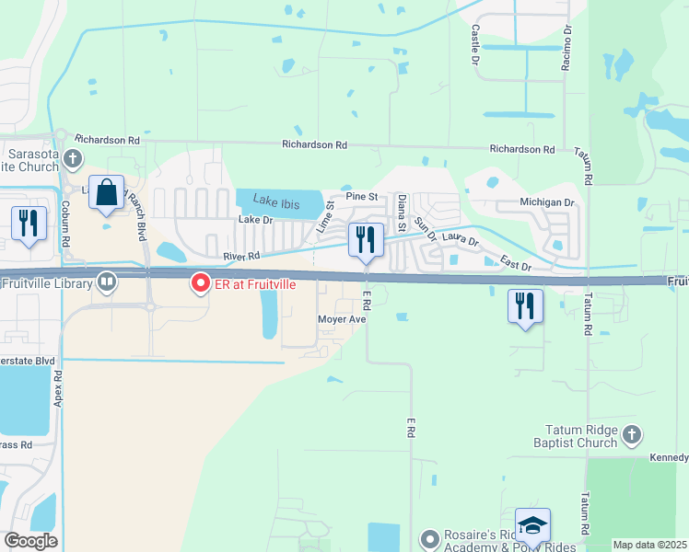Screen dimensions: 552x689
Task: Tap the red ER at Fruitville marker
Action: (x=199, y=283)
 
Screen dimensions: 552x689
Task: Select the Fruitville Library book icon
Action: (x=108, y=282)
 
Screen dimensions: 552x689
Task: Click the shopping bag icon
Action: (x=107, y=193)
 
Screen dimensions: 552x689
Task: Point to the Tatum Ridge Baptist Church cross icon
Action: (x=632, y=433)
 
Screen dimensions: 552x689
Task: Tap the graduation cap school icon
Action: (x=532, y=524)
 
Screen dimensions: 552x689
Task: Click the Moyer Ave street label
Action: (x=343, y=319)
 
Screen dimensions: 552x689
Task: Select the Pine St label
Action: (x=362, y=197)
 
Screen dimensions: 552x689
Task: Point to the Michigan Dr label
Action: (x=547, y=201)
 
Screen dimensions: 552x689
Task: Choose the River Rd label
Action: (x=241, y=257)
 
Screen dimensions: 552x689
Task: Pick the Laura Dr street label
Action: (x=461, y=240)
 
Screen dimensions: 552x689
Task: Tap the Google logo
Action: (x=30, y=541)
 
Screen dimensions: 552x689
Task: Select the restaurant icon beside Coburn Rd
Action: (x=29, y=223)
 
